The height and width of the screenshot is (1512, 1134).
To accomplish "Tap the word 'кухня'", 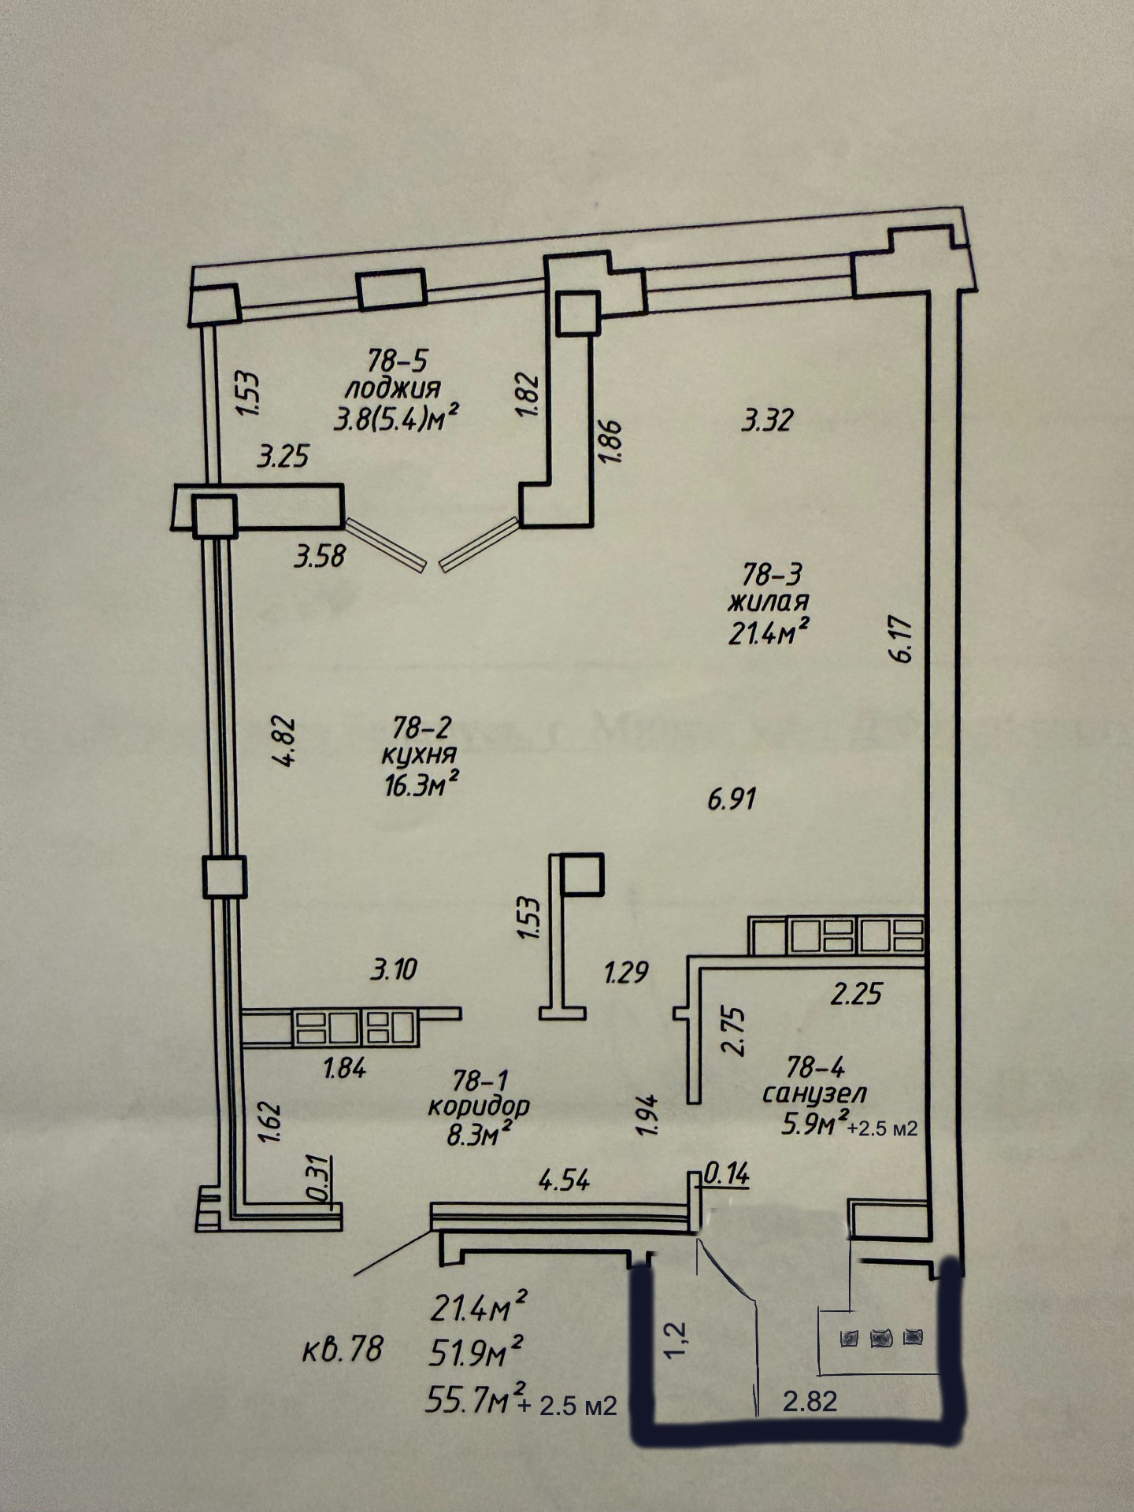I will [418, 754].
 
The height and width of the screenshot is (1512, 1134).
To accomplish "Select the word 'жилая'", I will [768, 602].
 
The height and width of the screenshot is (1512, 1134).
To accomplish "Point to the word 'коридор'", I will [479, 1106].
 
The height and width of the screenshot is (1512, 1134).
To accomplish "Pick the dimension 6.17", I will [902, 639].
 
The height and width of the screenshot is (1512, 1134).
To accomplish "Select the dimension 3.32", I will [767, 420].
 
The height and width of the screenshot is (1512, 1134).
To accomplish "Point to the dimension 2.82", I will [810, 1402].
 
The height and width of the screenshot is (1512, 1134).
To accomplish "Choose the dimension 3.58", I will [319, 557].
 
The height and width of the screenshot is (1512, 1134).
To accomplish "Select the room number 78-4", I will [815, 1068].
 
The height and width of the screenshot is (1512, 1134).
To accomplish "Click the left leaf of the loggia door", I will [387, 543].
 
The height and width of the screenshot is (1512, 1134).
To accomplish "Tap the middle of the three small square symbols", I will [879, 1337].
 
